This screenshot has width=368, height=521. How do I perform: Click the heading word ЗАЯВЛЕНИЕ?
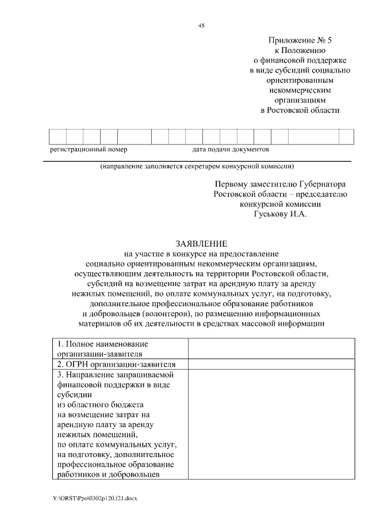point(201,244)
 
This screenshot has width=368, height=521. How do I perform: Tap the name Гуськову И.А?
point(281,215)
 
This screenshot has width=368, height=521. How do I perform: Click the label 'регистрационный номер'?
point(89,149)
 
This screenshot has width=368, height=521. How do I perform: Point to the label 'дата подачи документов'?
point(231,149)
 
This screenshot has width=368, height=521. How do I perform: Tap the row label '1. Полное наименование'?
point(97,344)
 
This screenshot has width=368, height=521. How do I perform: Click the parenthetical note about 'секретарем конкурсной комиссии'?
point(197,167)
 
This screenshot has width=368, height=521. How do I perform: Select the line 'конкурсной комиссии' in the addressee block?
point(279,204)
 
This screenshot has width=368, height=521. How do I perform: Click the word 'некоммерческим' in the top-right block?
point(300,89)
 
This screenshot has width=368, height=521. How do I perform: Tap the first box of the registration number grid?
point(58,136)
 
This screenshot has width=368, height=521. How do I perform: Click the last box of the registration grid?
point(346,136)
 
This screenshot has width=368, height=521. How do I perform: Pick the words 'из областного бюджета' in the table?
point(93,405)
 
